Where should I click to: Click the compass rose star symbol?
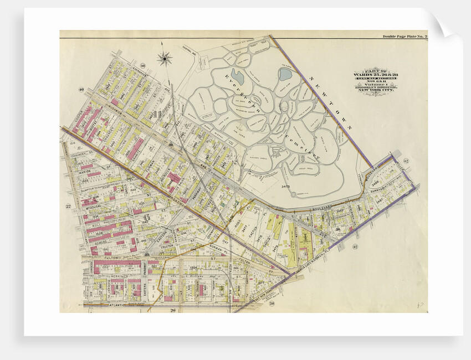(x=165, y=58)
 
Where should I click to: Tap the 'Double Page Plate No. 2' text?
(x=405, y=37)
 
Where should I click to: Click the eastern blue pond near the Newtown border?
(x=285, y=74)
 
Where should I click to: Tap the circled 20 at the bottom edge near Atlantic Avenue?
(x=272, y=304)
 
